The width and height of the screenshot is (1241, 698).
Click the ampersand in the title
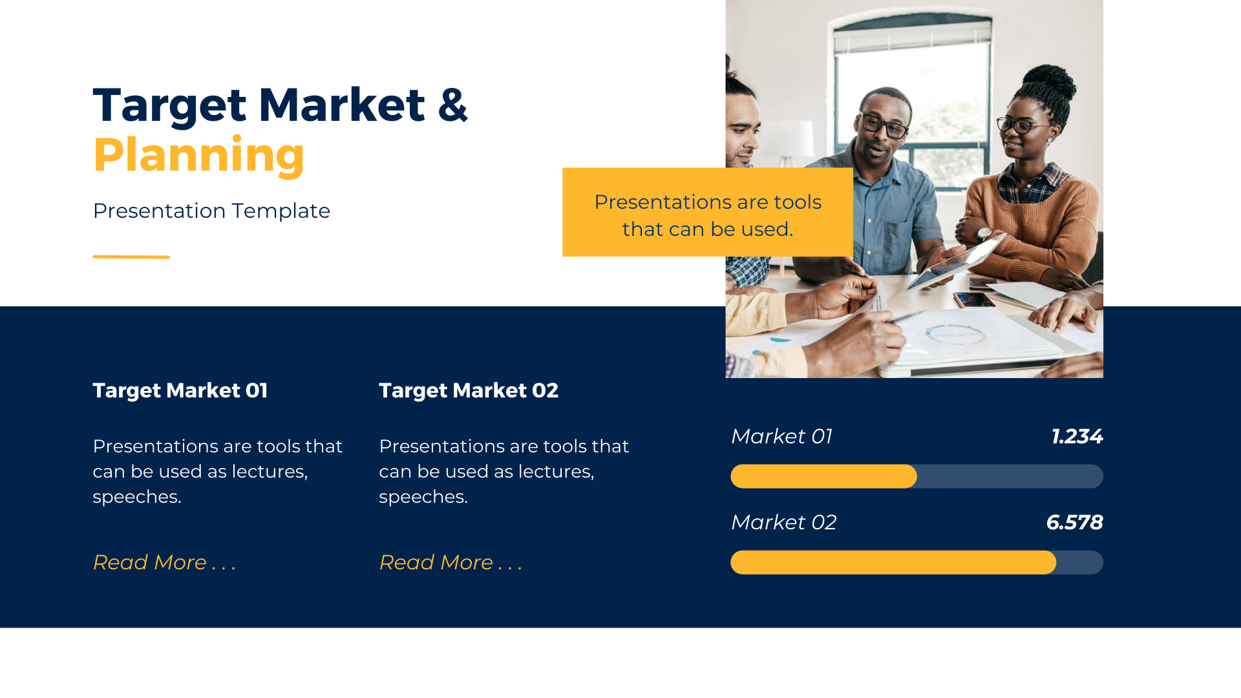[452, 105]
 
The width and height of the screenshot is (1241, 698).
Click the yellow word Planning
[198, 155]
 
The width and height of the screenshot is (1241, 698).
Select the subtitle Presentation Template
[211, 211]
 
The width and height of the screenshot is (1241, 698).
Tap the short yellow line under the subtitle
[131, 257]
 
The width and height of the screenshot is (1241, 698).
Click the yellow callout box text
[708, 215]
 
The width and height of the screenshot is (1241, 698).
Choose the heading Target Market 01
[180, 390]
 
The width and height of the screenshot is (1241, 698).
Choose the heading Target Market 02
[469, 390]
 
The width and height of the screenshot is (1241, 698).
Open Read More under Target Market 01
[164, 562]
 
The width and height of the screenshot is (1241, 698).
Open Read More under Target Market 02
[451, 562]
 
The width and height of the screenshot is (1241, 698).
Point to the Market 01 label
[781, 436]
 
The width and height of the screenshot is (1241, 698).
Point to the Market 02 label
[783, 522]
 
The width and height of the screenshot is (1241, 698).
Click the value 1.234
[1077, 436]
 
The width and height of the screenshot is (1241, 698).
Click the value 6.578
[1074, 522]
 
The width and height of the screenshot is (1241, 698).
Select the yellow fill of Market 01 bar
[823, 476]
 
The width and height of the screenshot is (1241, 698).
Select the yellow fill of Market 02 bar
[893, 562]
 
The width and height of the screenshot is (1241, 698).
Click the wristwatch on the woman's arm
[984, 233]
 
